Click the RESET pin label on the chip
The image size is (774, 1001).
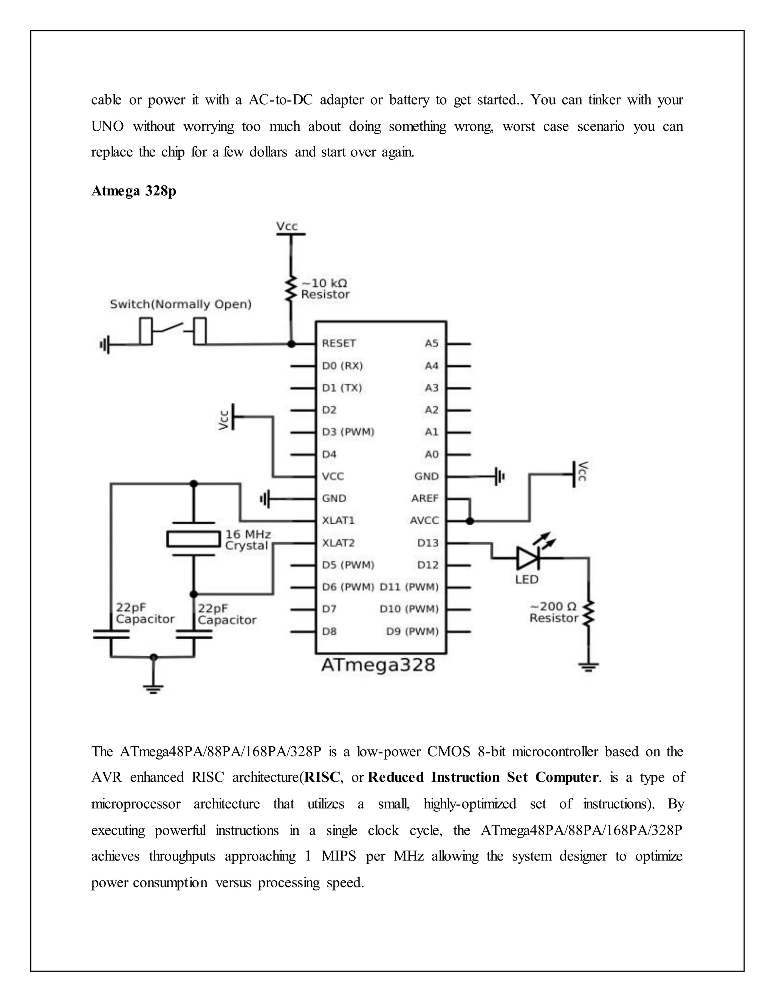339,343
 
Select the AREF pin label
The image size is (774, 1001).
425,498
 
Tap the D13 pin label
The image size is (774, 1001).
428,543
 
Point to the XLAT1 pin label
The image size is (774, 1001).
338,521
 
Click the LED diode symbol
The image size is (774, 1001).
527,558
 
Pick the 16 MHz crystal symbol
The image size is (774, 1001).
193,539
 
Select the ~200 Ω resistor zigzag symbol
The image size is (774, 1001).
588,613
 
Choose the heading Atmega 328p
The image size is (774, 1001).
133,191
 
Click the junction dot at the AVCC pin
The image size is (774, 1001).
469,521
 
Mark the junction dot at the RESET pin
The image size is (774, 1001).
291,344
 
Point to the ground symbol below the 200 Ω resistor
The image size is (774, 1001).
589,666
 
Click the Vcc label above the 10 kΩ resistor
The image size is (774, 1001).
287,226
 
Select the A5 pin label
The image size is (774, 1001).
432,343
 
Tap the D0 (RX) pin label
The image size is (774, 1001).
342,366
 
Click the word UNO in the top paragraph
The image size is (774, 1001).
107,127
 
